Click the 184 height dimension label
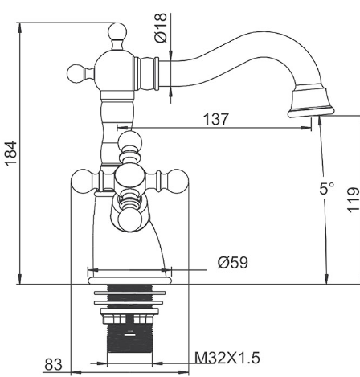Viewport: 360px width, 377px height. [x=11, y=154]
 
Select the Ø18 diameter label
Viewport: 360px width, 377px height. [x=161, y=28]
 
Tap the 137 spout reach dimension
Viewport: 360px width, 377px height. [x=216, y=119]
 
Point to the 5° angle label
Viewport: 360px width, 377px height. [x=327, y=188]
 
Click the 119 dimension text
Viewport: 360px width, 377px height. [x=354, y=200]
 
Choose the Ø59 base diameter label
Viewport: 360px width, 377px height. [x=233, y=262]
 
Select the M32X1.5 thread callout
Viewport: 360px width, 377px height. [x=227, y=358]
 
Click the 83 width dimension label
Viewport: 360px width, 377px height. [x=53, y=364]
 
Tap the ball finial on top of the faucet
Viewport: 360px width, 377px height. [x=117, y=32]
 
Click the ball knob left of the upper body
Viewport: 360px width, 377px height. [x=76, y=73]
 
